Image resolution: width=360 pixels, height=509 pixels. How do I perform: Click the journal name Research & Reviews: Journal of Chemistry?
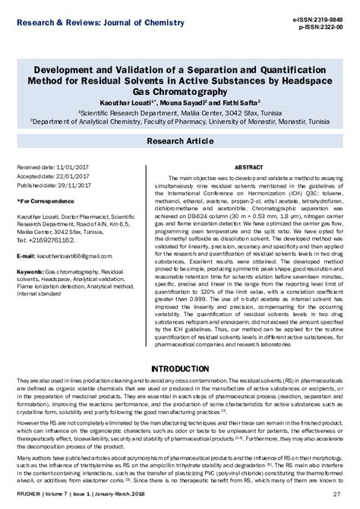click(x=77, y=10)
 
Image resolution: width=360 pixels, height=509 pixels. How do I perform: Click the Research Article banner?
click(x=180, y=141)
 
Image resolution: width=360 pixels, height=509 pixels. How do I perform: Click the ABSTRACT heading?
click(x=248, y=166)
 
